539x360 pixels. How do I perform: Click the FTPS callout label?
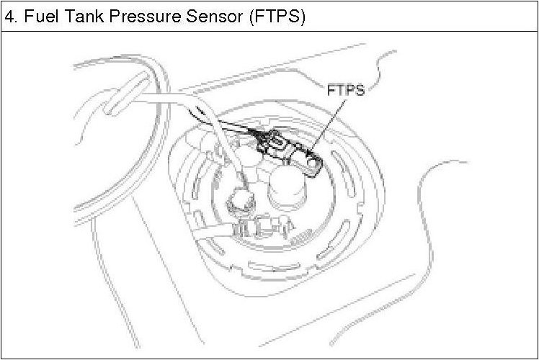pyautogui.click(x=346, y=92)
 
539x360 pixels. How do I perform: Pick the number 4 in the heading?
pyautogui.click(x=9, y=17)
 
